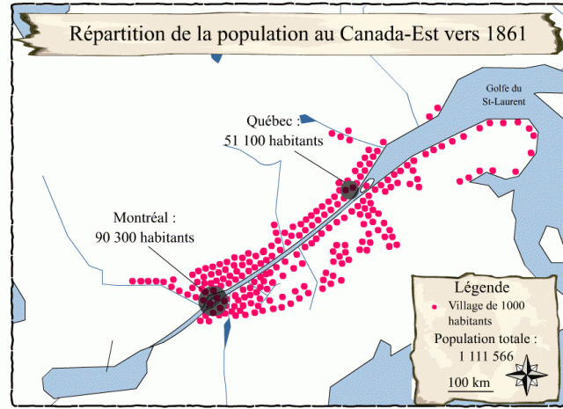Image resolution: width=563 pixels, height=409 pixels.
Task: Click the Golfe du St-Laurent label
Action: click(504, 94)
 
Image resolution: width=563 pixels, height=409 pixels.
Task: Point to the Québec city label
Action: click(274, 121)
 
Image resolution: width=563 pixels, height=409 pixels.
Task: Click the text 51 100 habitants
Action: click(274, 139)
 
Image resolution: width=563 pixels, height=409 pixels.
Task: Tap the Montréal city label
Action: click(145, 217)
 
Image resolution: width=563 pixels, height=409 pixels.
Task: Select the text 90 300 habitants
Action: click(145, 237)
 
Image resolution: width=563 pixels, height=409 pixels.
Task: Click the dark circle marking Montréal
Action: click(212, 301)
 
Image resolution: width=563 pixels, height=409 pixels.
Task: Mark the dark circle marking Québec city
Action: click(349, 187)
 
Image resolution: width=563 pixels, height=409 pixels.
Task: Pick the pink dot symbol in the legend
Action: click(435, 307)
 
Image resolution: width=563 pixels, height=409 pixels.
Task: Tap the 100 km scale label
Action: click(469, 382)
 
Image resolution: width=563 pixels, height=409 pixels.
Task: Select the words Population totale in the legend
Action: click(484, 339)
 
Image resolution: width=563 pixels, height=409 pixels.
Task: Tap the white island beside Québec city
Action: click(369, 184)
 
